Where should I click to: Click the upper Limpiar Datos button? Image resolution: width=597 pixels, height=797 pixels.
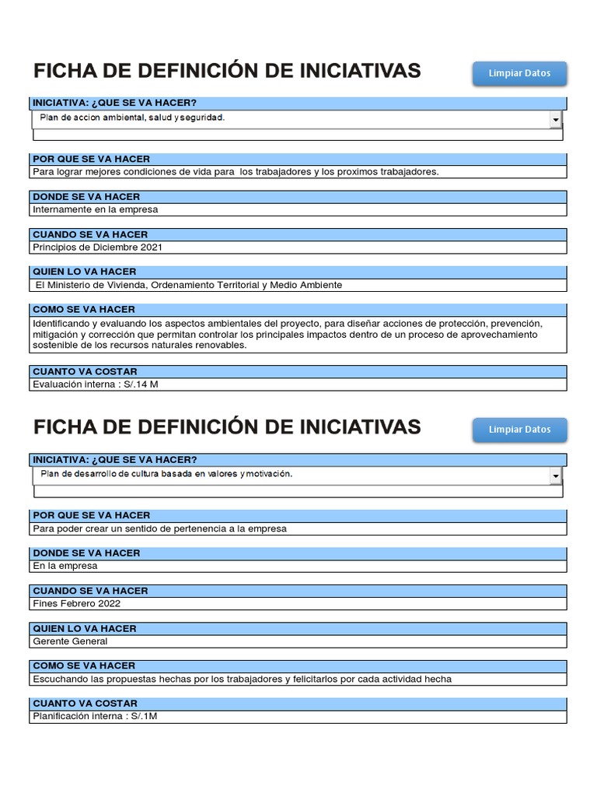(519, 73)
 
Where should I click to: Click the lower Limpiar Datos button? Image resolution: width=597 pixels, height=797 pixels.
(519, 430)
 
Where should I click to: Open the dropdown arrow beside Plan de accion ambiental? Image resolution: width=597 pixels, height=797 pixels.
(556, 120)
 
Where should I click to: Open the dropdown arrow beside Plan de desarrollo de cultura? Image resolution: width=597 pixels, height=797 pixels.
(556, 476)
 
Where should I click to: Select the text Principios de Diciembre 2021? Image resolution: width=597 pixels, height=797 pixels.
(98, 248)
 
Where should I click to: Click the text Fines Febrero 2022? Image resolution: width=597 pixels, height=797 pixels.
(77, 603)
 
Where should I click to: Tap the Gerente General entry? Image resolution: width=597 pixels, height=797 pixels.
(70, 641)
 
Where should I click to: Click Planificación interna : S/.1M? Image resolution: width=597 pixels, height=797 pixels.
(95, 716)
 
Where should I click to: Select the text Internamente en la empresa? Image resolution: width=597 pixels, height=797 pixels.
(96, 209)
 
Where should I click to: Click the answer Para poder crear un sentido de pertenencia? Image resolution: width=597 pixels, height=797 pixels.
(160, 528)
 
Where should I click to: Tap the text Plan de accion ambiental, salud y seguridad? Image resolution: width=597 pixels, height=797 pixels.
(132, 118)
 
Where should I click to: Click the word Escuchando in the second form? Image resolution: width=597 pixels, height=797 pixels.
(61, 679)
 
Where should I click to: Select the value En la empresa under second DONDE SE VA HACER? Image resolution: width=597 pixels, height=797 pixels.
(65, 566)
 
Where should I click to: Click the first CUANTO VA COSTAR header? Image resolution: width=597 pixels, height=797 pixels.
(86, 371)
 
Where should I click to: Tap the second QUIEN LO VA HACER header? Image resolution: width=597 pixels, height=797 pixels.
(85, 628)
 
